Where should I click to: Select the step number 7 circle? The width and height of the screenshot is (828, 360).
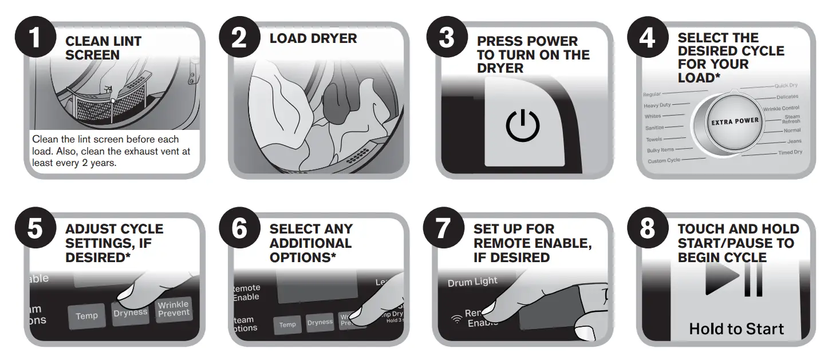(443, 229)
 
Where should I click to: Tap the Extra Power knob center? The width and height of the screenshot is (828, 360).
(735, 121)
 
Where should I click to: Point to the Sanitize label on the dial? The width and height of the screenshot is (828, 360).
(654, 128)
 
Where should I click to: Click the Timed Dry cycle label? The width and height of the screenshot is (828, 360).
(790, 153)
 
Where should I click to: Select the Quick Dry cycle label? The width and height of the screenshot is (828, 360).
(786, 86)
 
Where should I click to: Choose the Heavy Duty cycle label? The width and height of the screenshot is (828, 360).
(657, 105)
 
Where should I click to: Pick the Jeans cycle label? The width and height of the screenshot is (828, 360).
(794, 141)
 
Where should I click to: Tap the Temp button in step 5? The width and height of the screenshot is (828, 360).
(86, 316)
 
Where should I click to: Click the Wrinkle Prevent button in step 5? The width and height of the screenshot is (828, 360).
(174, 309)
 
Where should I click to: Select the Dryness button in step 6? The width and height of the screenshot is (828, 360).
(320, 323)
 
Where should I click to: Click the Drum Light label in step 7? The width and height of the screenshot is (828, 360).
(472, 282)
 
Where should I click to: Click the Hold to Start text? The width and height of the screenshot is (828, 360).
(736, 329)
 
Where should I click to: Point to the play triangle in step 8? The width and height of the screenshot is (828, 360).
(721, 279)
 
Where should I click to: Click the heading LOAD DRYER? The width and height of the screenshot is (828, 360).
(313, 39)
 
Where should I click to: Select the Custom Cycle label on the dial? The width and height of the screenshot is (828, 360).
(664, 161)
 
